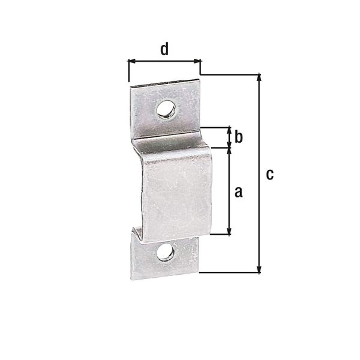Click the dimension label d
(163, 49)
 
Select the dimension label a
(238, 191)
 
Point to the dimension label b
(238, 137)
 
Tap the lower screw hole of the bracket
(165, 253)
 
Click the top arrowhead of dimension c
(259, 77)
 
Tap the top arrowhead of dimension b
(228, 130)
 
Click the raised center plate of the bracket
(174, 192)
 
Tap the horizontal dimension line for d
(164, 61)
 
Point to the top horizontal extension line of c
(231, 74)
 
